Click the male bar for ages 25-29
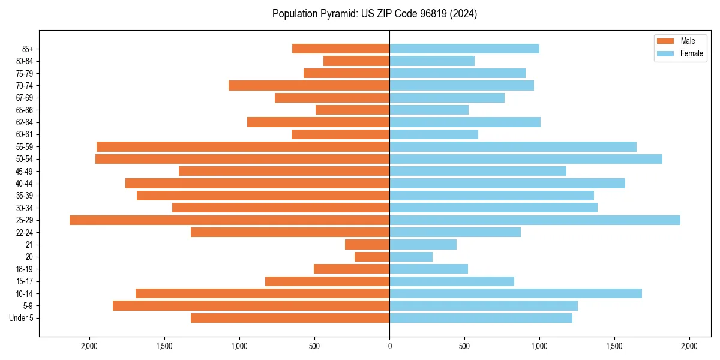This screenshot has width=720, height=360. [x=229, y=220]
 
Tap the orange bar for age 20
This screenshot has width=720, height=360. [x=372, y=257]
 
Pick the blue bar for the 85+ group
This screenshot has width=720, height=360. [x=464, y=49]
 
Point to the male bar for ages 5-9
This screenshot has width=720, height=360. [x=251, y=306]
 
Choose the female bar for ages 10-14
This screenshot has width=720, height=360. [x=515, y=293]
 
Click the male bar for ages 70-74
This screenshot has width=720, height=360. [x=309, y=85]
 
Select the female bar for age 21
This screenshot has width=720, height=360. [x=423, y=245]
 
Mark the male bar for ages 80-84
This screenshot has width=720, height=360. [x=356, y=61]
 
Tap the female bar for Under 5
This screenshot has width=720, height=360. [x=481, y=318]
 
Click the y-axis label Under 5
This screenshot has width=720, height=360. [x=22, y=318]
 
